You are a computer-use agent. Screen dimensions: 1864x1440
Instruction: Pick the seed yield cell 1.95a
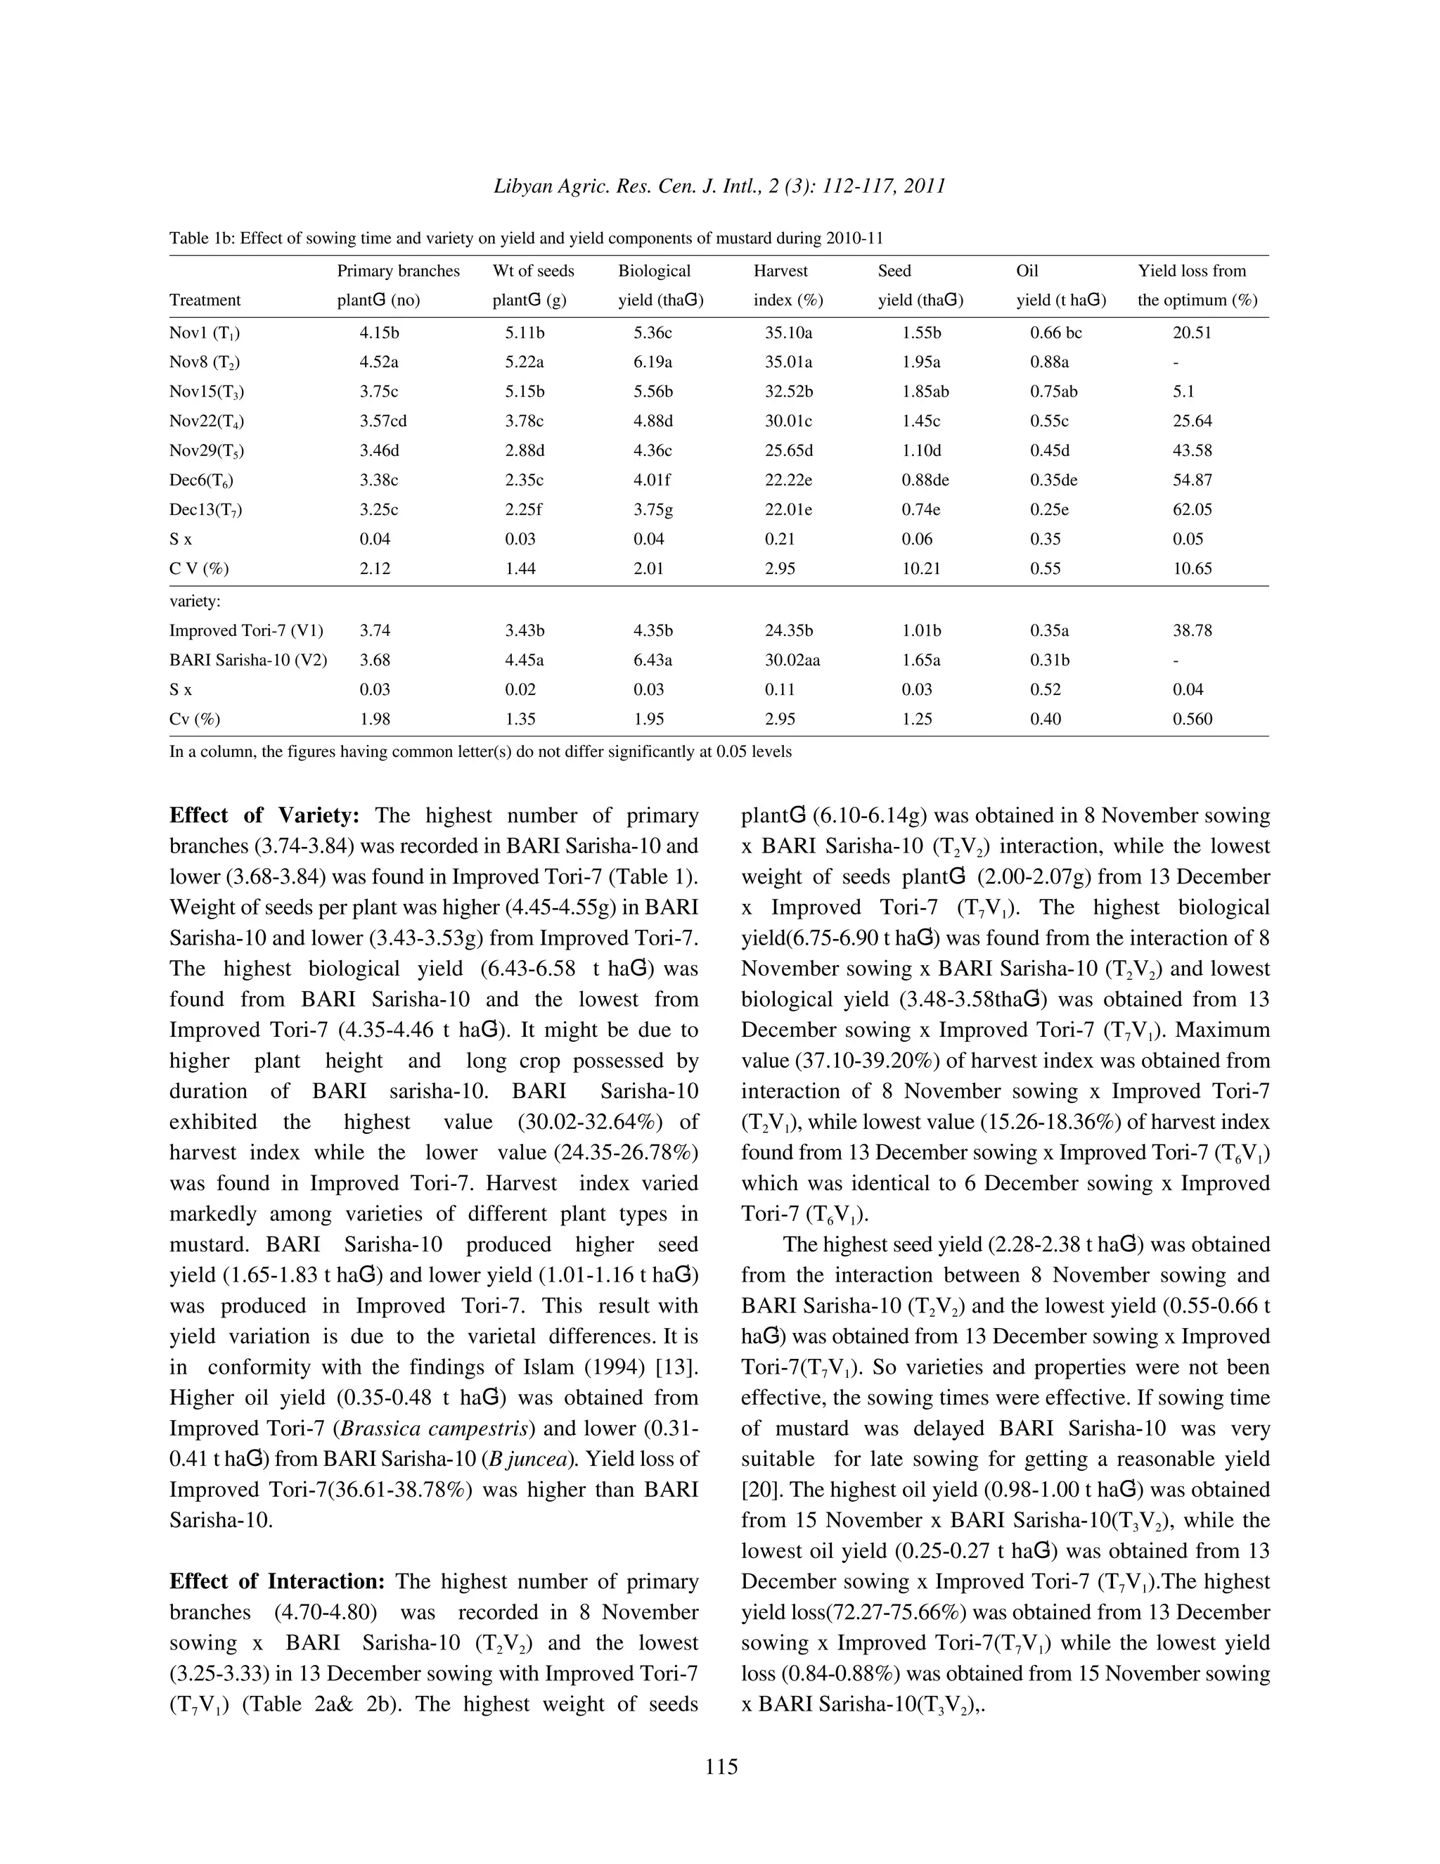[x=920, y=362]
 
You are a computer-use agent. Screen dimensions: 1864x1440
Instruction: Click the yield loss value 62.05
[x=1192, y=509]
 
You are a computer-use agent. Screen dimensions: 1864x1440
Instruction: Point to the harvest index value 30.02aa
[x=792, y=660]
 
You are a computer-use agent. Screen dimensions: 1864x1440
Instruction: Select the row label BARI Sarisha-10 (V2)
[x=247, y=660]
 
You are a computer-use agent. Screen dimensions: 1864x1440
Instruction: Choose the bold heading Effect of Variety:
[x=264, y=815]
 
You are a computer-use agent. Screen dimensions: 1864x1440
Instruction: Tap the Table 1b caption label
[x=200, y=238]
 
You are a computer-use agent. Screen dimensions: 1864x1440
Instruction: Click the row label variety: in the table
[x=195, y=601]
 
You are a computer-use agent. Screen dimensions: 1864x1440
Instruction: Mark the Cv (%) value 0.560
[x=1192, y=719]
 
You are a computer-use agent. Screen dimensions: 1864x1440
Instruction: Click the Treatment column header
[x=205, y=300]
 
